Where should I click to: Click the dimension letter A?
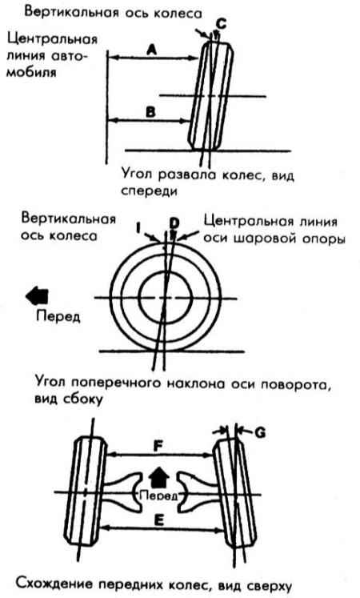152,50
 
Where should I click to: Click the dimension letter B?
151,113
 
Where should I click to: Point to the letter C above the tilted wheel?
221,24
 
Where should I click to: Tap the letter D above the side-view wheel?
174,224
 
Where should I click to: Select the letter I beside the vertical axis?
138,228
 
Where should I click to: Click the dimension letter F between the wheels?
158,446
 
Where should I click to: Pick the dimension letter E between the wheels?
159,520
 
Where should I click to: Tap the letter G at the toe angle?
259,433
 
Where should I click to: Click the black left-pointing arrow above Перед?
37,296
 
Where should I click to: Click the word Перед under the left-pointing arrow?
58,316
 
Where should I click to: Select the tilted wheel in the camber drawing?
210,96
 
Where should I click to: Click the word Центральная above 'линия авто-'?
52,39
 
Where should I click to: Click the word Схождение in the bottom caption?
55,584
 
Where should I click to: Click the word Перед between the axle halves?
158,496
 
